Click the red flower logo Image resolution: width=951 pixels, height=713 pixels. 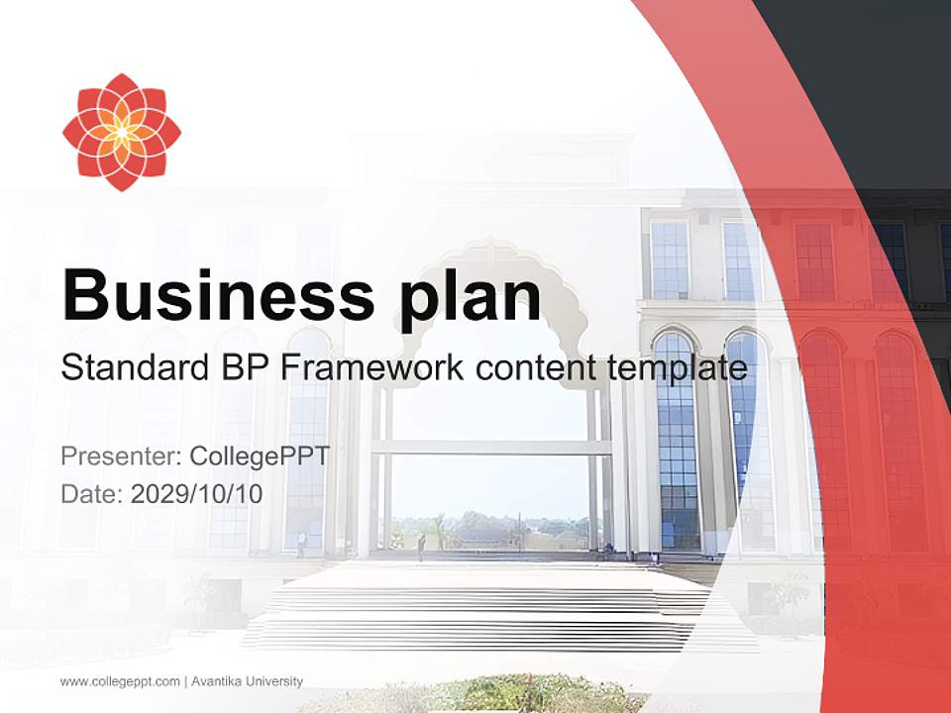(121, 132)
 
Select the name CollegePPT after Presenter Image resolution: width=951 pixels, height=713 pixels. (260, 458)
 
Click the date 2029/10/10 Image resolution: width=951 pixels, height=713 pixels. (197, 494)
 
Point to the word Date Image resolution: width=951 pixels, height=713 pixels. (91, 494)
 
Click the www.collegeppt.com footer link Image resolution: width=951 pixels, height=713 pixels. (120, 681)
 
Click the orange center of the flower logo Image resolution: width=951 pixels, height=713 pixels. (121, 132)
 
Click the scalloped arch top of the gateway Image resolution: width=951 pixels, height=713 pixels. (490, 259)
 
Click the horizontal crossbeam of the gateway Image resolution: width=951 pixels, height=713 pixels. (491, 448)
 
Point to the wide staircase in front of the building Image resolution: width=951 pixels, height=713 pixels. (475, 604)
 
